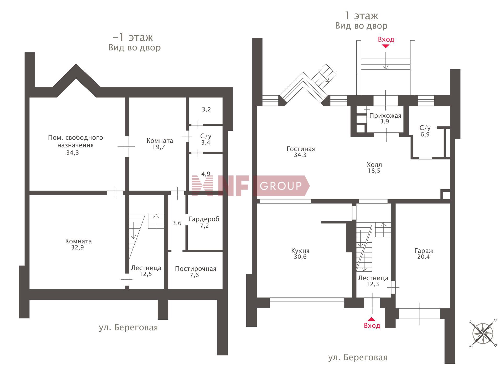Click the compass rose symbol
483,334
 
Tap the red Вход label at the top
386,39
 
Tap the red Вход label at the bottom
372,325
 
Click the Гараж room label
424,251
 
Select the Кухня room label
300,251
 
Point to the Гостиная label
301,149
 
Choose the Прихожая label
385,116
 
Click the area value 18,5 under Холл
374,171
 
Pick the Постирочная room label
196,269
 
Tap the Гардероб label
204,219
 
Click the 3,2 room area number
206,109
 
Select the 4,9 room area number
206,174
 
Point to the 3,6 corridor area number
177,223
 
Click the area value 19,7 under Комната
159,147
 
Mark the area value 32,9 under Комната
78,247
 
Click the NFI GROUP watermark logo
251,186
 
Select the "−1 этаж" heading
133,37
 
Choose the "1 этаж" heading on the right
361,16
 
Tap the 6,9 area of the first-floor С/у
425,134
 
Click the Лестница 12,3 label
373,281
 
